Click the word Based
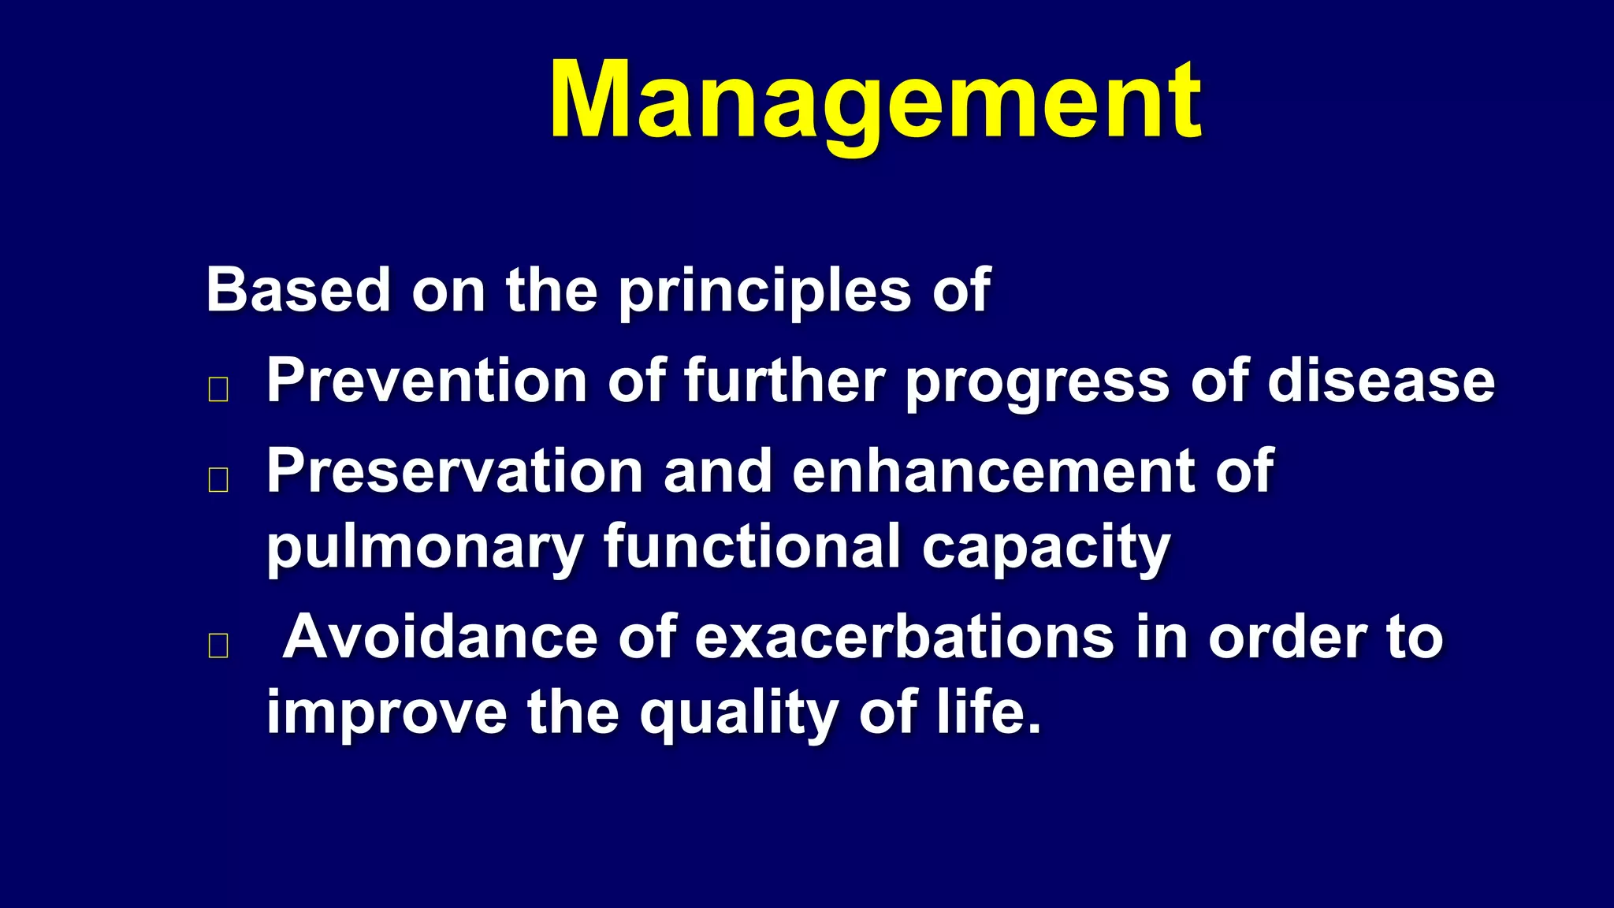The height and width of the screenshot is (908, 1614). pyautogui.click(x=298, y=289)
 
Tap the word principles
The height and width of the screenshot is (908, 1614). pyautogui.click(x=764, y=292)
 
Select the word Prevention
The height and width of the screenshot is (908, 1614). pyautogui.click(x=426, y=381)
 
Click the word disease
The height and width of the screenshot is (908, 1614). pyautogui.click(x=1380, y=381)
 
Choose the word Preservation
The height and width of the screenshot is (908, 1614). pyautogui.click(x=455, y=471)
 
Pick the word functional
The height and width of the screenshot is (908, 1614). pyautogui.click(x=752, y=546)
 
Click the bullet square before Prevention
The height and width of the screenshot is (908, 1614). pyautogui.click(x=218, y=389)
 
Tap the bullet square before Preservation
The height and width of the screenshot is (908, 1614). pyautogui.click(x=218, y=479)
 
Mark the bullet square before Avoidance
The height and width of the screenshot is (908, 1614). pyautogui.click(x=218, y=646)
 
